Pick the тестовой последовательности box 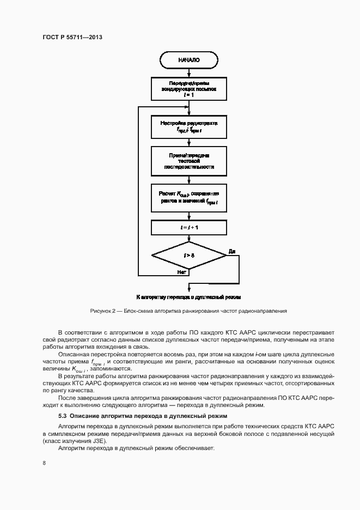[188, 161]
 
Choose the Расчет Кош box [188, 198]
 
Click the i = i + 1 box [188, 226]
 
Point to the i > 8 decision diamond [188, 256]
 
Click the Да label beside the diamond [231, 251]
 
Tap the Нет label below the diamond [182, 271]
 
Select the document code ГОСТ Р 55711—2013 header [72, 38]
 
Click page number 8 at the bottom [44, 463]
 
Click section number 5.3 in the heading [63, 416]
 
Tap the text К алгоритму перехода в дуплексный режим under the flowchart [188, 297]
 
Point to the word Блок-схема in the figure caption [139, 311]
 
